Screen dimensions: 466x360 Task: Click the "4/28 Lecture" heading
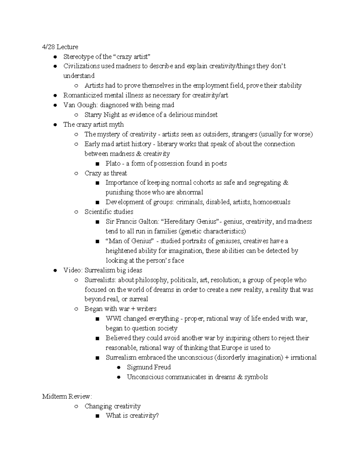[60, 47]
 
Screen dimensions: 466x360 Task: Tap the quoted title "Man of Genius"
[130, 241]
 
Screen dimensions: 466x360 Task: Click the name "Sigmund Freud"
[149, 367]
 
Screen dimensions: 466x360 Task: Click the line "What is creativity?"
[132, 416]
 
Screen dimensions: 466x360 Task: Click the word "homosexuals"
[271, 202]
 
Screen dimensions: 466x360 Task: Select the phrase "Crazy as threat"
[106, 173]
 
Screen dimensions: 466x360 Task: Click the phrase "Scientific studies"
[109, 212]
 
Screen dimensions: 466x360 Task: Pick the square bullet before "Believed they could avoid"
[97, 338]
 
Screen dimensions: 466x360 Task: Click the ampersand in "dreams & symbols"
[240, 377]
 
